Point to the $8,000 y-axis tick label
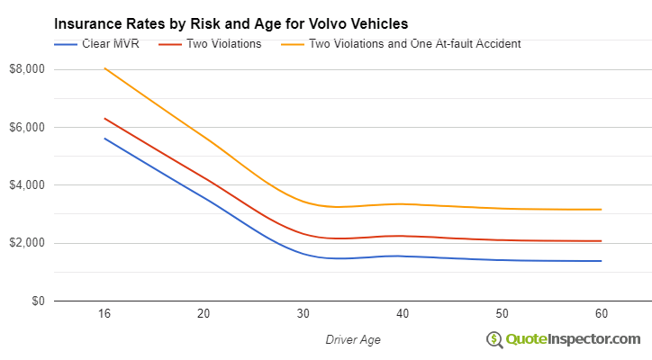pos(28,69)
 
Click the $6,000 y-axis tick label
pos(28,128)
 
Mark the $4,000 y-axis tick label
pos(28,185)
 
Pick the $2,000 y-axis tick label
pos(28,243)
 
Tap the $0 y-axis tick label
pos(36,301)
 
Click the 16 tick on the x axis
pos(104,313)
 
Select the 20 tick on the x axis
pos(204,313)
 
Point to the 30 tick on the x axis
pos(303,313)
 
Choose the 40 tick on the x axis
pos(403,313)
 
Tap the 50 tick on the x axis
pos(502,313)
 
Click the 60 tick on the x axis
pos(602,313)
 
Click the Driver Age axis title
pos(353,339)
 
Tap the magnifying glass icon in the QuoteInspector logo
pos(494,339)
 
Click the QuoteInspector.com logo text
pos(573,338)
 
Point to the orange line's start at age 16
pos(104,68)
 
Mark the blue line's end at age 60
pos(602,261)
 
